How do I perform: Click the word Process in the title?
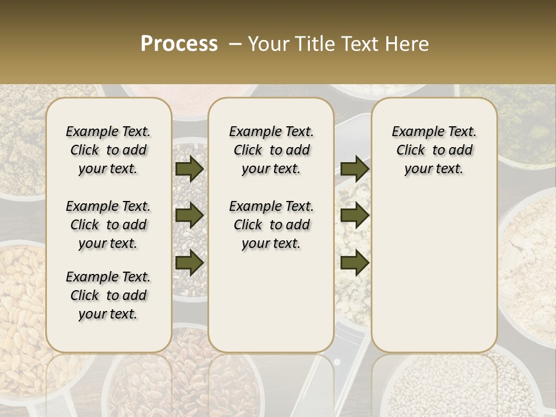coord(179,44)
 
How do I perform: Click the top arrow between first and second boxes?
coord(189,169)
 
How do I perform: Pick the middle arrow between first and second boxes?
coord(189,215)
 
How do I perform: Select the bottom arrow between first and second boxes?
coord(189,262)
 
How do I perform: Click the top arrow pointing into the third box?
coord(354,169)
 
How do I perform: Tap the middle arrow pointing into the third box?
coord(354,215)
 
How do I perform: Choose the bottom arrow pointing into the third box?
coord(354,262)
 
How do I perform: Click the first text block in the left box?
coord(108,150)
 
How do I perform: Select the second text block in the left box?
coord(108,225)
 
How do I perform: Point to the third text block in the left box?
coord(108,295)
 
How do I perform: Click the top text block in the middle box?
coord(271,150)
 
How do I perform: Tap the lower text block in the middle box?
coord(271,225)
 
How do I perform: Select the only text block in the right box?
coord(434,150)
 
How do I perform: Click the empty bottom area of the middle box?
coord(271,301)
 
